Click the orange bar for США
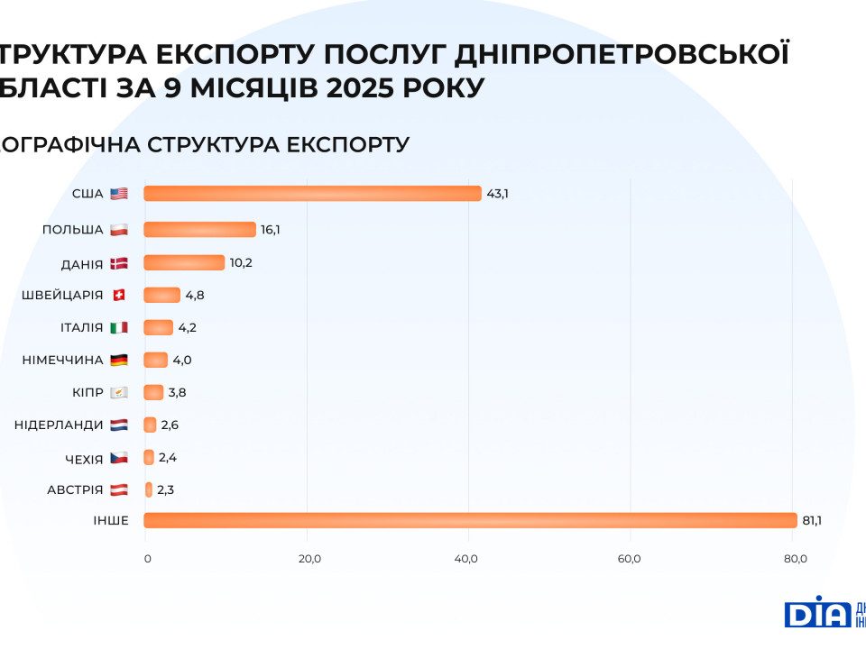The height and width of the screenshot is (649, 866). point(312,193)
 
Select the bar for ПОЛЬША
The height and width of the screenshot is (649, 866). point(199,230)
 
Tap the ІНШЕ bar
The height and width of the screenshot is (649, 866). point(470,520)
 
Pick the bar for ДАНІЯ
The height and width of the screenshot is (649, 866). point(184,262)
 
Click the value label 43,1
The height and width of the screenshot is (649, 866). point(497,194)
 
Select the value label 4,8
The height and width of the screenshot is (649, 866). point(196,295)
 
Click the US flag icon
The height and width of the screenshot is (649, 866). point(119,194)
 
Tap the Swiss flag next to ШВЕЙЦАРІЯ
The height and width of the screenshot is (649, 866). point(119,295)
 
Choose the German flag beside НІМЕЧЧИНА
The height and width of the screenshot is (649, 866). point(119,360)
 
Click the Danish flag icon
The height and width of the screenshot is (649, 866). point(119,262)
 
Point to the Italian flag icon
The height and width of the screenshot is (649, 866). point(119,327)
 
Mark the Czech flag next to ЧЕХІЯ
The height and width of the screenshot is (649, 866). point(119,458)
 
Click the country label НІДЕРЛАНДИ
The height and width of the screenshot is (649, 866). point(59,425)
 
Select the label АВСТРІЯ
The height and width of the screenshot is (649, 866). point(75,490)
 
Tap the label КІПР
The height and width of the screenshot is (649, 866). point(88,392)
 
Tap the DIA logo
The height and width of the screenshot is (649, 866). point(817,613)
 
